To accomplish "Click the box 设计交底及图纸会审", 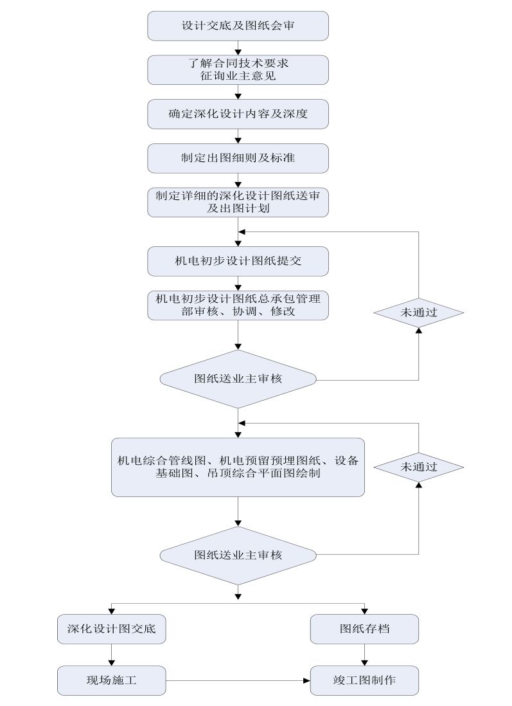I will pos(238,26).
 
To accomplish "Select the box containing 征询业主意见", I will pos(238,69).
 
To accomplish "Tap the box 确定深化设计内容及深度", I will pos(238,114).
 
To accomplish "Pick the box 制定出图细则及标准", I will pos(238,158).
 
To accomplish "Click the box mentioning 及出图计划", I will pos(238,202).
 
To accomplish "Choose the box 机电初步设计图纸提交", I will pos(238,260).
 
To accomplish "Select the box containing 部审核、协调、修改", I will pos(238,305).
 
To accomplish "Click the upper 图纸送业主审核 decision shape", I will pos(238,379).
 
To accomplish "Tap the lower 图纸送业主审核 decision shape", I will pos(238,555).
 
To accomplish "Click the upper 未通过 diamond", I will pos(419,312).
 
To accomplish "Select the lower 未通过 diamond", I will pos(419,467).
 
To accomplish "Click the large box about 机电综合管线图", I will pos(238,467).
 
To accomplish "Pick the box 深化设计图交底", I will pos(112,629).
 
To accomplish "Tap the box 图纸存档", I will pos(365,629).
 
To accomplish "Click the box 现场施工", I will pos(112,680).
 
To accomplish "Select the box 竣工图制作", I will pos(365,680).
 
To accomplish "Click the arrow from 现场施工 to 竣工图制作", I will pos(238,680).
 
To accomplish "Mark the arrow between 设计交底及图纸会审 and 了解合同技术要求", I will pos(238,48).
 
